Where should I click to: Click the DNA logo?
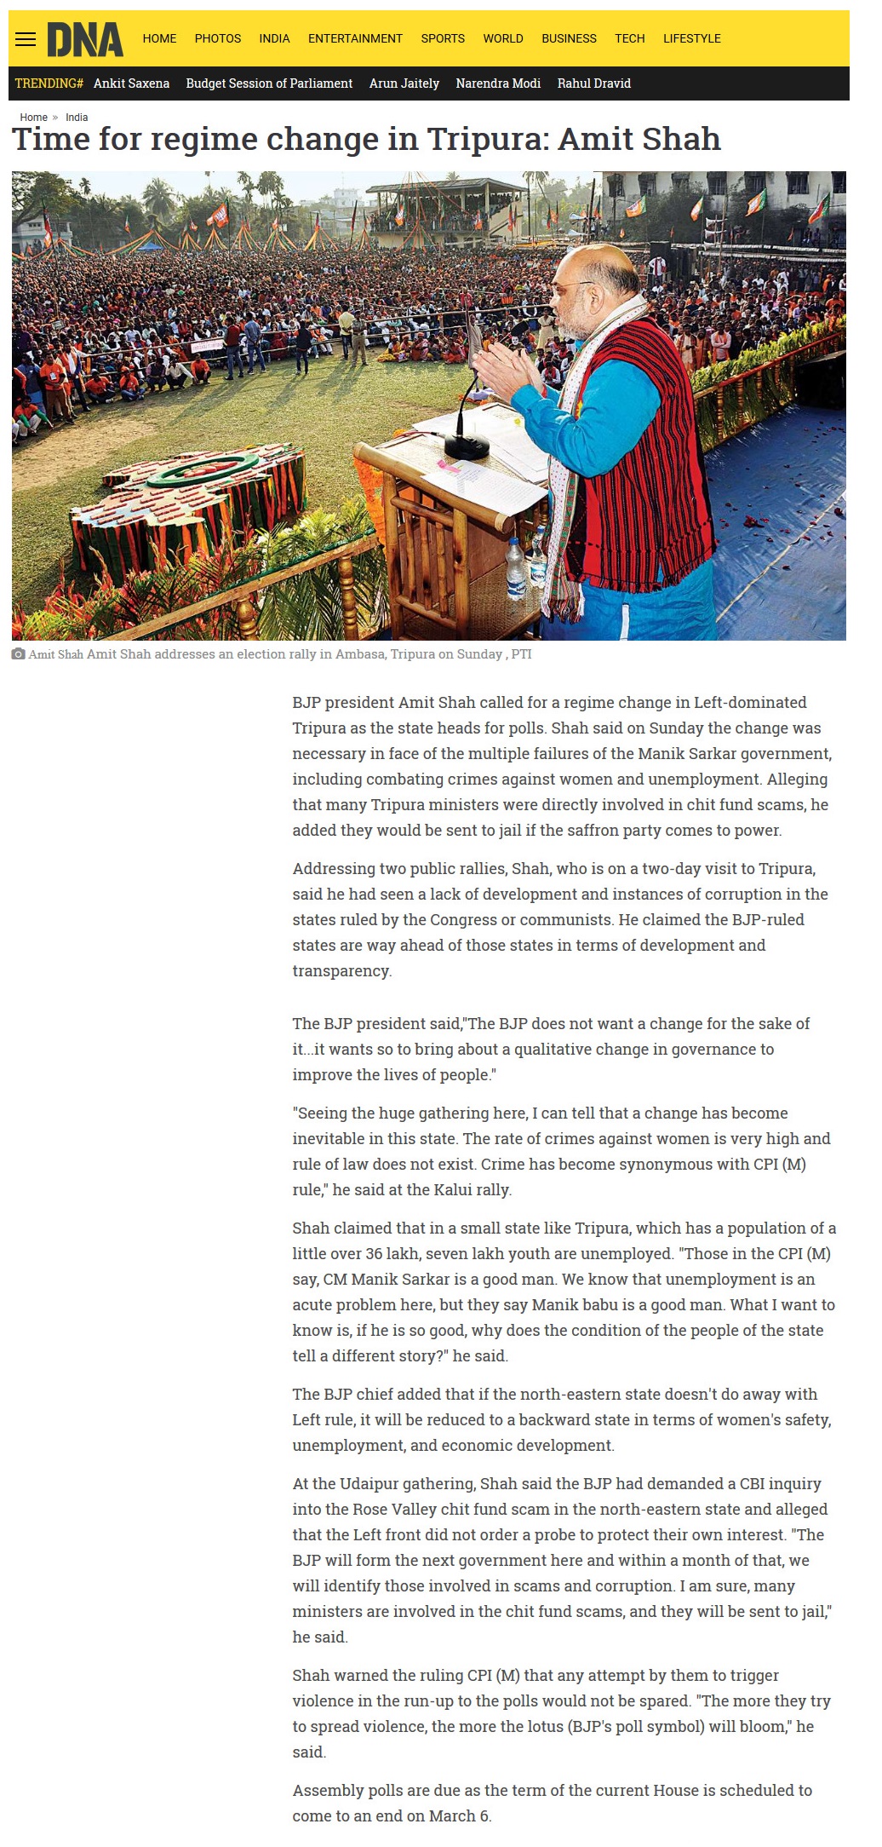click(x=84, y=39)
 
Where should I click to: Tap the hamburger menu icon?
click(x=26, y=39)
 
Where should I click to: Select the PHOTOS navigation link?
click(x=217, y=38)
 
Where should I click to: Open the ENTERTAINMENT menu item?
click(x=355, y=38)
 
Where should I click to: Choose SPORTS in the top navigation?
click(x=443, y=38)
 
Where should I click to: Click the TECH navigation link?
click(x=629, y=38)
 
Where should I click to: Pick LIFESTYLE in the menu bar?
click(x=691, y=38)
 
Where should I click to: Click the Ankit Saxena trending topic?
click(x=131, y=83)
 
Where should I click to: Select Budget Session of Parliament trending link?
click(x=269, y=83)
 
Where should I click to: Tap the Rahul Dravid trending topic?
click(x=593, y=83)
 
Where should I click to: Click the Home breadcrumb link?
click(x=34, y=118)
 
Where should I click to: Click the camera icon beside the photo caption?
click(x=18, y=654)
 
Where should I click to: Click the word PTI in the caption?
click(x=521, y=654)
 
